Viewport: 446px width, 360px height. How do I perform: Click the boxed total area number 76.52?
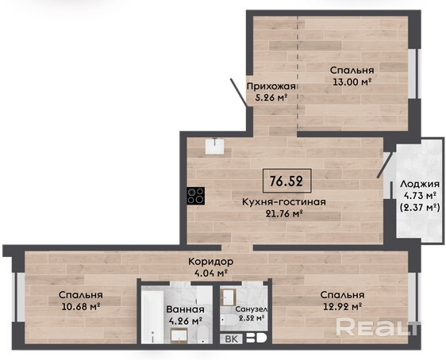(x=286, y=181)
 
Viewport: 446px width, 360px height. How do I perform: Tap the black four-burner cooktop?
(x=196, y=196)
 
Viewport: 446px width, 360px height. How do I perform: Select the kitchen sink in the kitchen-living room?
(x=214, y=146)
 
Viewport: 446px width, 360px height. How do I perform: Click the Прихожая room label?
(x=271, y=86)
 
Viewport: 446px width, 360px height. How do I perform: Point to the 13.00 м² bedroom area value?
(x=352, y=82)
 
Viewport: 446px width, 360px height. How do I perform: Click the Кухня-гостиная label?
(x=284, y=201)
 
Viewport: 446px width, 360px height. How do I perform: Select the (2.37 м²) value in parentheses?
(x=420, y=208)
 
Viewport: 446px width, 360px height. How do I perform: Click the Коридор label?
(x=211, y=261)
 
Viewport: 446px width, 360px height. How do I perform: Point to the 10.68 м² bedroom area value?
(x=80, y=307)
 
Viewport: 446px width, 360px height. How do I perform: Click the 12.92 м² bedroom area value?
(x=343, y=306)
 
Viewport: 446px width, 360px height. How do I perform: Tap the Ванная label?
(x=185, y=309)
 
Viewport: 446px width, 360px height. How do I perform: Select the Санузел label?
(x=251, y=309)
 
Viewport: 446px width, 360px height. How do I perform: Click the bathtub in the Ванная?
(x=152, y=316)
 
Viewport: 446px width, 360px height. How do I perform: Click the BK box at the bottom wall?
(x=232, y=339)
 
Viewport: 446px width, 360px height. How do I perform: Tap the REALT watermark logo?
(x=378, y=327)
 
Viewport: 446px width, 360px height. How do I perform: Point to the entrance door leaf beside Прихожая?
(x=239, y=93)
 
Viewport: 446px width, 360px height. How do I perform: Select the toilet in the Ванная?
(x=203, y=335)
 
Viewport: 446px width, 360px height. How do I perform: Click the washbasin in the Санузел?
(x=229, y=297)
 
